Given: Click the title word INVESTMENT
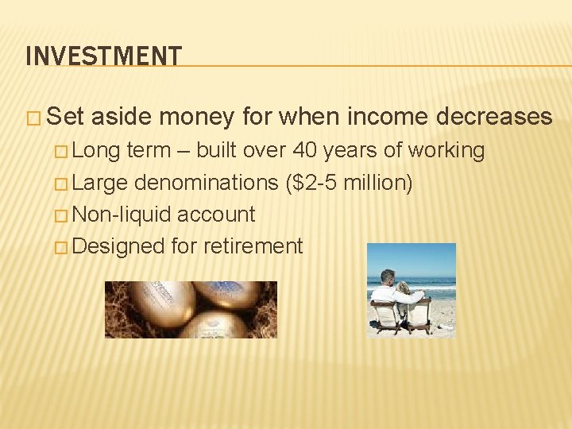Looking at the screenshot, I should [x=103, y=56].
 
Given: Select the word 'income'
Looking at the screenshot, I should [x=386, y=117].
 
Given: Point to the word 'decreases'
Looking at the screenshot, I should [x=494, y=117].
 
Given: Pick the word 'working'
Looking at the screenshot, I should [x=446, y=150].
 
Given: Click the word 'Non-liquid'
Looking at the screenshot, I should [x=124, y=214].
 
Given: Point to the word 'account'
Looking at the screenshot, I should [x=216, y=214].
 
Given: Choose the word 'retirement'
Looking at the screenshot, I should [x=253, y=246].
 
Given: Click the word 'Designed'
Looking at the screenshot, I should [x=119, y=246].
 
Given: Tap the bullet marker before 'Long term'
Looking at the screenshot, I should [x=64, y=151].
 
